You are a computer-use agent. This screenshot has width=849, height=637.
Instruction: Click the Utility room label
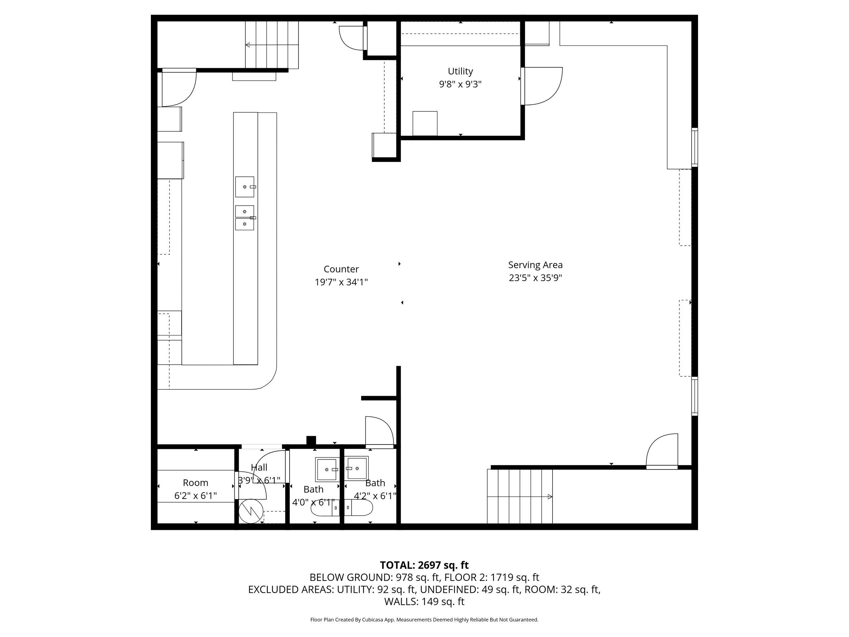[460, 71]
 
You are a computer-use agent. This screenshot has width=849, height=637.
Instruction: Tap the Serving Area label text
[535, 265]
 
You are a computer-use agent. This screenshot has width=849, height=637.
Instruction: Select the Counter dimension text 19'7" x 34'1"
[341, 282]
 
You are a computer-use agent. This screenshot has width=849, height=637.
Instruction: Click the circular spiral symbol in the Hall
[251, 511]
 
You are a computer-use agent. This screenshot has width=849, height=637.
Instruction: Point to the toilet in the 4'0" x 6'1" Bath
[325, 508]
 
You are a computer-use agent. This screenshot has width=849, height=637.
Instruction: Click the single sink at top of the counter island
[244, 186]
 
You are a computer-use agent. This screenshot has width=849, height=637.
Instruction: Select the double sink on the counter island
[244, 218]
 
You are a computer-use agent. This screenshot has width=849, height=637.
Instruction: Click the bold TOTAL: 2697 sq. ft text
[424, 565]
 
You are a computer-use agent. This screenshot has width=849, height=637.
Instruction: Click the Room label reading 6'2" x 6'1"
[195, 496]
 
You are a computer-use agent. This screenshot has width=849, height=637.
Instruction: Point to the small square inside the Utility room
[425, 123]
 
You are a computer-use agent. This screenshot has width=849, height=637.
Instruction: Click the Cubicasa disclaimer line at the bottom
[424, 620]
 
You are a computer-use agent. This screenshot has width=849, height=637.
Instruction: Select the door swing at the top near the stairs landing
[351, 37]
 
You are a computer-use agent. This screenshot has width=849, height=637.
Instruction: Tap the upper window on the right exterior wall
[694, 147]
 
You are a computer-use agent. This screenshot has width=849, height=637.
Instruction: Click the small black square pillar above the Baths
[311, 440]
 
